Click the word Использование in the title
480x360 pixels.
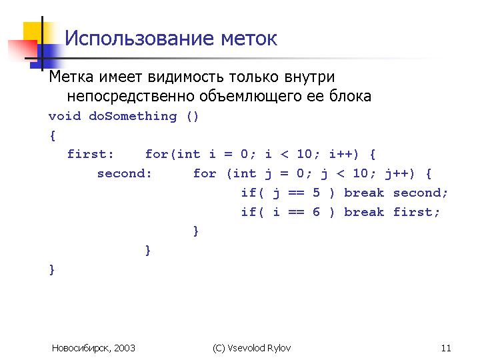point(139,39)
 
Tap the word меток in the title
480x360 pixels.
point(249,39)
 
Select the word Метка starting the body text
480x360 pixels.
point(71,77)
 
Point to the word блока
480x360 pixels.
point(350,96)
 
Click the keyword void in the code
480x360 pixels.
point(65,116)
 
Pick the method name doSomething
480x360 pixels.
point(133,117)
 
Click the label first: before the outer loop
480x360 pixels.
point(90,154)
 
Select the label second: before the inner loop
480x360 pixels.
point(124,173)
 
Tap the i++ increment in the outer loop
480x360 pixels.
point(343,154)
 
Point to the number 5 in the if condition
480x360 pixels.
point(316,193)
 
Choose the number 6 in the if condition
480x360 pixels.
point(316,212)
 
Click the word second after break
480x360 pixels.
point(417,193)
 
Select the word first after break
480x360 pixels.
point(413,212)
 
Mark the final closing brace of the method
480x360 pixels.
point(52,270)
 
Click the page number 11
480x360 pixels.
point(446,348)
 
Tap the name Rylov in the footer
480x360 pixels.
point(279,348)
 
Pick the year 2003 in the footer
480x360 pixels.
point(125,348)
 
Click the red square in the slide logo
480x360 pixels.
point(23,51)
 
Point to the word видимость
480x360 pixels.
point(185,77)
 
